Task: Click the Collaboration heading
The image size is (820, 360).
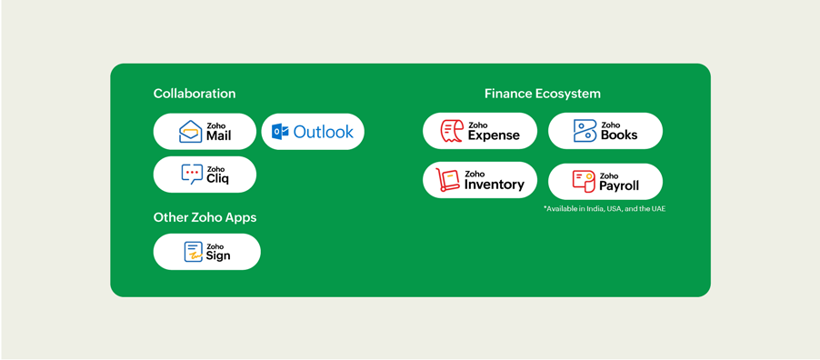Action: [x=195, y=94]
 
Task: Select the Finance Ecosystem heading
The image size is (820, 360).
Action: [x=543, y=94]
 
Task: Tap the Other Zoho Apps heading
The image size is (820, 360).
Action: [x=205, y=217]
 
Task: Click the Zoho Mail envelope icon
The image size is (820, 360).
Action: [x=190, y=131]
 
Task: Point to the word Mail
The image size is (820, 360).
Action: [x=218, y=135]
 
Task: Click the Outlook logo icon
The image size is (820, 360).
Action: [x=280, y=132]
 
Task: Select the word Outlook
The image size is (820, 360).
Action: [x=324, y=132]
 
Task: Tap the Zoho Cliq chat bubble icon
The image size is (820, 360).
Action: [x=192, y=175]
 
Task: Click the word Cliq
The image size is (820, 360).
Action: [x=217, y=179]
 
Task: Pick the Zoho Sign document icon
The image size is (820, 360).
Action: [x=193, y=252]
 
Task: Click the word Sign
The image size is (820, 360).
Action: [x=218, y=255]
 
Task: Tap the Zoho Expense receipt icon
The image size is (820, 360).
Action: [x=452, y=131]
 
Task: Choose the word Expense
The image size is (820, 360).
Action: [x=494, y=135]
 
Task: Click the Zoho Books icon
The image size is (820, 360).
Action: [x=585, y=131]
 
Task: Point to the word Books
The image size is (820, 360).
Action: [x=619, y=135]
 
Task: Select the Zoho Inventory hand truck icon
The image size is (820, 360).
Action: [x=447, y=179]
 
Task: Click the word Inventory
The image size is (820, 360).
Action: [x=495, y=185]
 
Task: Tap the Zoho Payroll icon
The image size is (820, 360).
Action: [x=584, y=182]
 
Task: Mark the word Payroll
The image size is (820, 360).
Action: [x=619, y=185]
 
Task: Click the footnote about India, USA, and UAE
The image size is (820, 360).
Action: [x=605, y=209]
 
